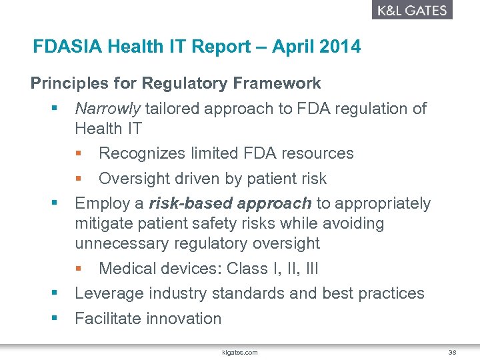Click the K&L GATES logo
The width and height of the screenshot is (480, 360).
click(x=411, y=10)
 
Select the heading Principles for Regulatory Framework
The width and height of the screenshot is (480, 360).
click(x=175, y=83)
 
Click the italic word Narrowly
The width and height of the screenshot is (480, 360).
click(x=107, y=109)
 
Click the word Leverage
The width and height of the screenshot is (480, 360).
click(x=108, y=293)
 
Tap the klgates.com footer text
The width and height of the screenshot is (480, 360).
click(x=239, y=352)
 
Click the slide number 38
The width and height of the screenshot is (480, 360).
click(x=452, y=352)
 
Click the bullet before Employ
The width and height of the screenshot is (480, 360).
click(x=53, y=203)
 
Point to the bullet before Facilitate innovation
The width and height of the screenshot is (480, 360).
click(x=53, y=318)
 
